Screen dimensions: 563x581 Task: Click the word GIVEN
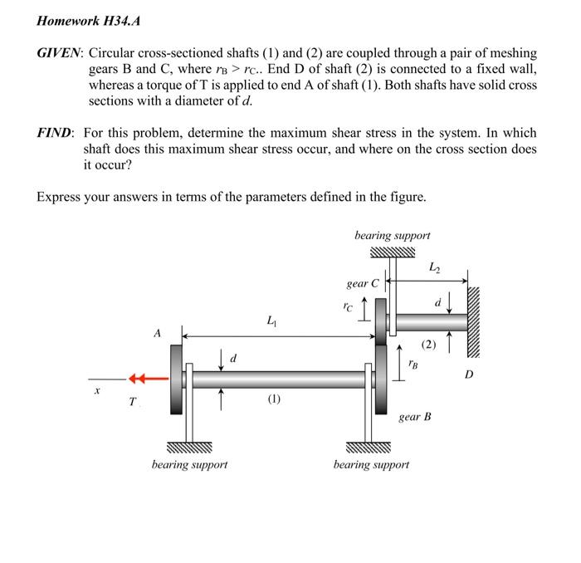point(60,52)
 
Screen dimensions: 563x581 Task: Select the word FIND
point(56,133)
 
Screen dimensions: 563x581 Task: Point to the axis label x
point(98,389)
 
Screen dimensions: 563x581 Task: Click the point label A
point(156,333)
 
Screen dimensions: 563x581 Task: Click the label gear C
point(363,284)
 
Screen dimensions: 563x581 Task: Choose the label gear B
point(415,416)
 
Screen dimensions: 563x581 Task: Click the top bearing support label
point(392,236)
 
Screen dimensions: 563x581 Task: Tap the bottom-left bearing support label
point(189,464)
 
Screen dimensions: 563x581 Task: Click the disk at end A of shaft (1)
point(177,380)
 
